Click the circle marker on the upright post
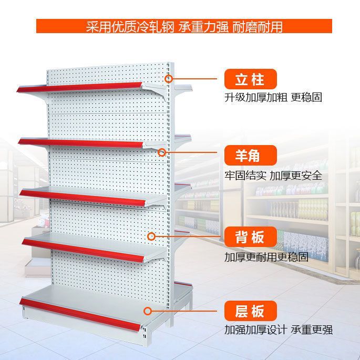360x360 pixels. tap(169, 79)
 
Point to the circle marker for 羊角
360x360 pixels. tap(162, 152)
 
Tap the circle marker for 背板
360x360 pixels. tap(152, 236)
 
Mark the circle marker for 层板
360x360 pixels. tap(149, 311)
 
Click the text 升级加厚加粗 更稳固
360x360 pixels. tap(273, 98)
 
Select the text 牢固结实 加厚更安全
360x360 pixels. tap(273, 176)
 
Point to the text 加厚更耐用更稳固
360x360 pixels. tap(266, 258)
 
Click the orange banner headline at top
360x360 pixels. tap(184, 26)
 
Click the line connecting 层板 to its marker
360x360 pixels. tap(187, 311)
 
